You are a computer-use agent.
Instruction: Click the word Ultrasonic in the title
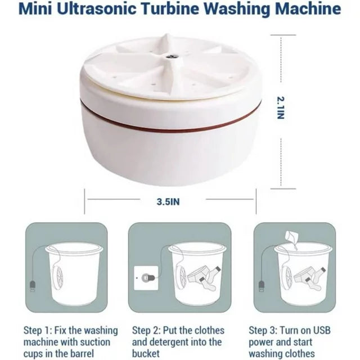click(x=96, y=9)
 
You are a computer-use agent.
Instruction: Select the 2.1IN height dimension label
click(x=281, y=108)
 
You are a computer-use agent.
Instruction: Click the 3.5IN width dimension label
click(x=168, y=202)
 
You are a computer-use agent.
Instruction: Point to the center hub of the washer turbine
click(x=170, y=57)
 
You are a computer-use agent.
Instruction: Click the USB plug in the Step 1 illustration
click(x=33, y=286)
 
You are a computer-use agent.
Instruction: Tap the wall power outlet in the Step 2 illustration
click(x=146, y=278)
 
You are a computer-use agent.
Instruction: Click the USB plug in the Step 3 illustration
click(x=262, y=286)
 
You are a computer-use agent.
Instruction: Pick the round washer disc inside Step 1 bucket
click(x=57, y=277)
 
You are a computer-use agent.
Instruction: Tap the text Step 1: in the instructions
click(x=38, y=331)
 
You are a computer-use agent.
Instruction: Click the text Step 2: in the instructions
click(x=146, y=331)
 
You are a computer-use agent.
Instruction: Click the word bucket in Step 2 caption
click(x=146, y=354)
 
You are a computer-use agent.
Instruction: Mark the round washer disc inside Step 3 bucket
click(x=286, y=277)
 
